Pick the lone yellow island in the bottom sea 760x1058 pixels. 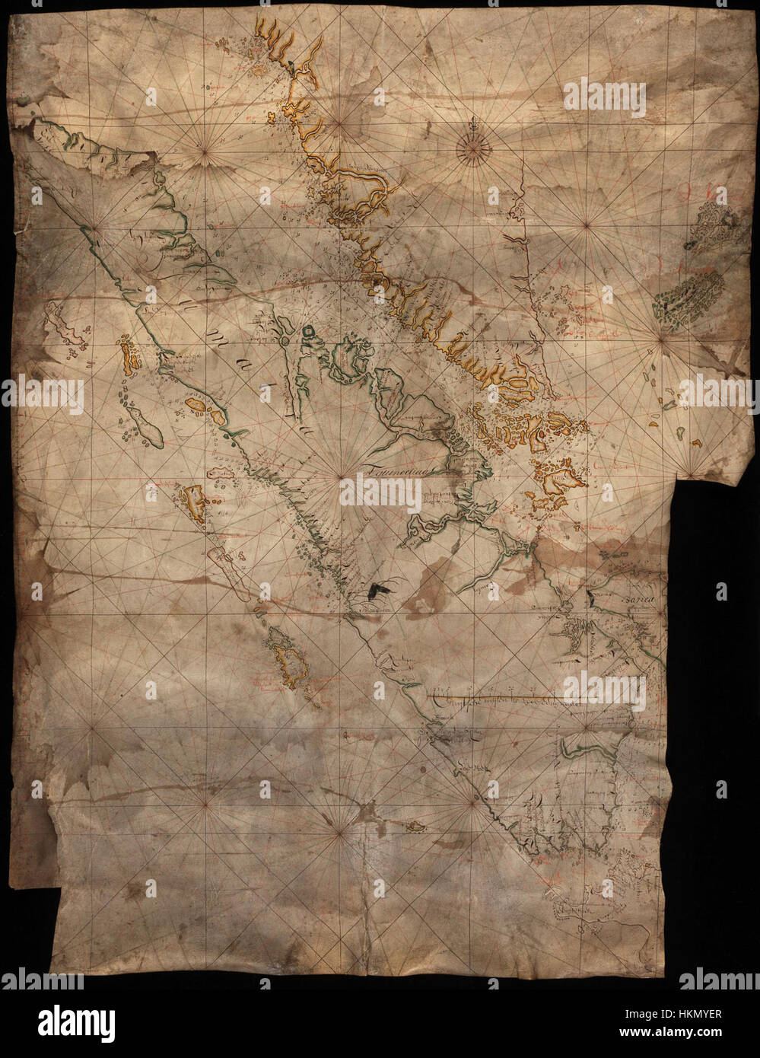coord(415,827)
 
